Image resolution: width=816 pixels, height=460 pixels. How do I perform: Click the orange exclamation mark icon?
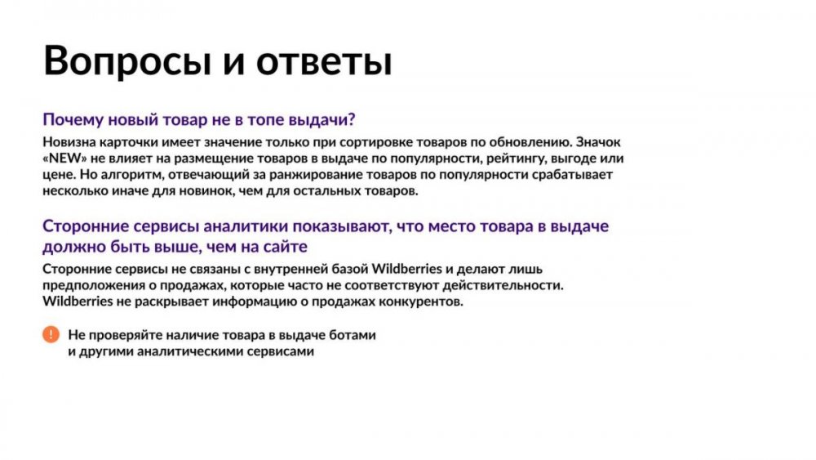(51, 334)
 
